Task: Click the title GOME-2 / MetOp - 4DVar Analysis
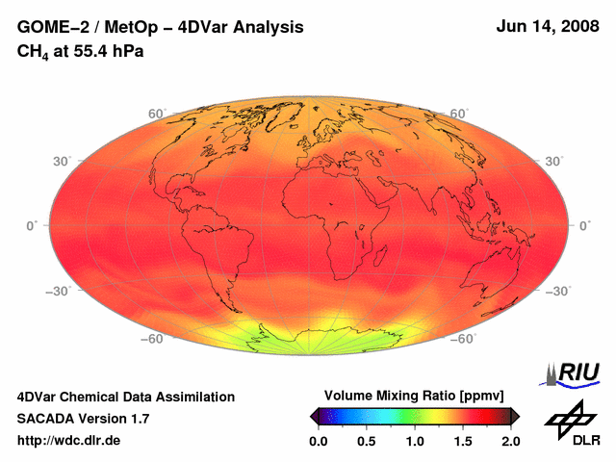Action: (x=161, y=28)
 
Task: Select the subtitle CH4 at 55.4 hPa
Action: (x=80, y=51)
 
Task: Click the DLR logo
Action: (x=571, y=423)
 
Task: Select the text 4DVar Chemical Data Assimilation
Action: (x=125, y=397)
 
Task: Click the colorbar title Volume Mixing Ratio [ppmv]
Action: (x=414, y=396)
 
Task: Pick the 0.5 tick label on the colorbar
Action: (x=366, y=441)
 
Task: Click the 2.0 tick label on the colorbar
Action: (x=510, y=441)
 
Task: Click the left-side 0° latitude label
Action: (x=31, y=225)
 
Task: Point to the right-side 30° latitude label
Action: (x=555, y=161)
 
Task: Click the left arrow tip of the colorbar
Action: (x=312, y=416)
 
